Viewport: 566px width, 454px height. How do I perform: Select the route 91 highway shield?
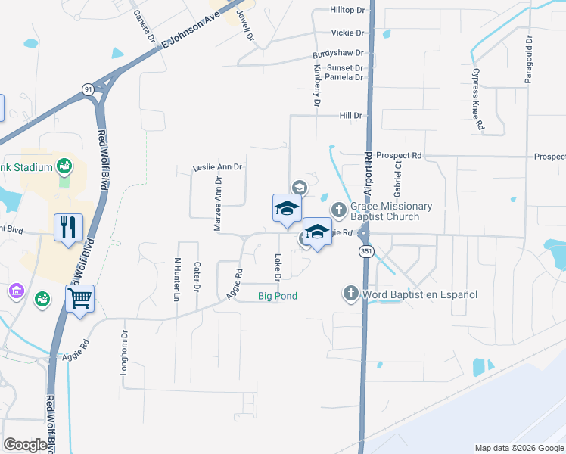89,89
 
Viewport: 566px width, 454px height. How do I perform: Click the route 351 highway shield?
366,251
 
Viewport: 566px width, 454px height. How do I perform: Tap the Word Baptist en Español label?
419,294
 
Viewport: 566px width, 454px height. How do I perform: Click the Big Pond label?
277,295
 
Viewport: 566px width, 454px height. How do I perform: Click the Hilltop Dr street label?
347,11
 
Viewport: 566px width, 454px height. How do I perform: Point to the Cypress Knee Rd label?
478,100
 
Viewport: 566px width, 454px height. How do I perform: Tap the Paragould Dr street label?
530,59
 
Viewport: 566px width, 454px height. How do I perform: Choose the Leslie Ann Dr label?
217,166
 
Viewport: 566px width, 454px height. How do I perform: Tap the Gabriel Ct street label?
397,179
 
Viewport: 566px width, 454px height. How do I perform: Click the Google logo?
25,445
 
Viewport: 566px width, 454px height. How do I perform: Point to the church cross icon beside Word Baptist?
350,293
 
